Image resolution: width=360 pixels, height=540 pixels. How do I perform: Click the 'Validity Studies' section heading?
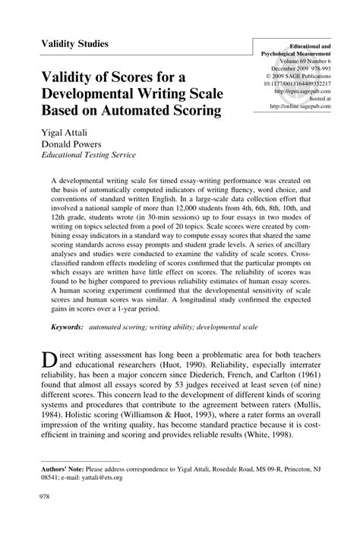[x=74, y=44]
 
